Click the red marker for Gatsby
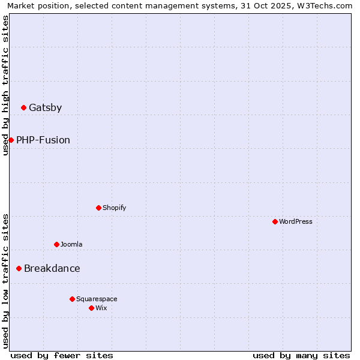point(24,108)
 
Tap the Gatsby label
point(45,108)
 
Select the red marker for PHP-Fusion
point(11,140)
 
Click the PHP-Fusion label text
point(43,140)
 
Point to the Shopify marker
point(98,208)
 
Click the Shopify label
point(114,208)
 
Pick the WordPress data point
point(275,221)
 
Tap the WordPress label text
point(295,221)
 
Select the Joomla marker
point(56,244)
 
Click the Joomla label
point(71,244)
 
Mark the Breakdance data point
point(19,268)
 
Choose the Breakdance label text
point(52,269)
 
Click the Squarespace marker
point(72,299)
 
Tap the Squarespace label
point(97,299)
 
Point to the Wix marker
point(91,308)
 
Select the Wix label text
point(101,308)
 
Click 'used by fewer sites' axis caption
point(62,355)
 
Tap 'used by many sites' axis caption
point(301,355)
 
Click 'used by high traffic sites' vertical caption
point(5,85)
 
